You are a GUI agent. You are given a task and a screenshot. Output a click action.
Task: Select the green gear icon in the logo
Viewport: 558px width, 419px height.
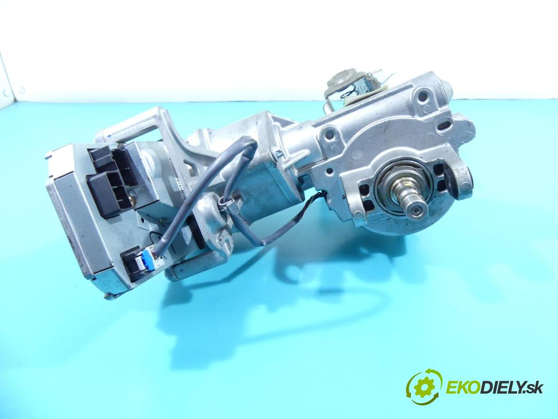(424, 387)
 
